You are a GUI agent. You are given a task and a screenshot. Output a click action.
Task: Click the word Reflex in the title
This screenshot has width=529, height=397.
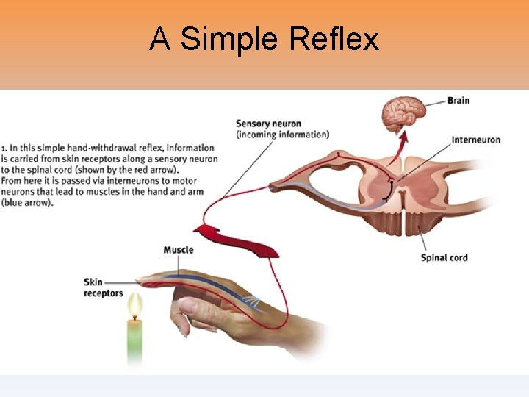[x=334, y=39]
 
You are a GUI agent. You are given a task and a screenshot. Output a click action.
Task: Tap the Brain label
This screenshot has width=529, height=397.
[x=458, y=100]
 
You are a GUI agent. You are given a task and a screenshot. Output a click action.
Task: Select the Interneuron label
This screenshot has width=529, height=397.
[x=475, y=140]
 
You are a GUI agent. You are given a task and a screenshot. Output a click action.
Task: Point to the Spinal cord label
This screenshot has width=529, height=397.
[x=444, y=257]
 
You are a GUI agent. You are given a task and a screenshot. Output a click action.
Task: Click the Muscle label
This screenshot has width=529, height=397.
[x=179, y=250]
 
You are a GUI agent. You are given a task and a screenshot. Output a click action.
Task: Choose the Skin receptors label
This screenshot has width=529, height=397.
[x=104, y=287]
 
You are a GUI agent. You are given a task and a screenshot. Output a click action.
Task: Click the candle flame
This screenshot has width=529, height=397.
[x=134, y=305]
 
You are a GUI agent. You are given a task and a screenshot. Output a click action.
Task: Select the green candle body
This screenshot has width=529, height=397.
[x=134, y=342]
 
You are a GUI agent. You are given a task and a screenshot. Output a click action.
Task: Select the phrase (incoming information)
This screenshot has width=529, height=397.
[x=282, y=135]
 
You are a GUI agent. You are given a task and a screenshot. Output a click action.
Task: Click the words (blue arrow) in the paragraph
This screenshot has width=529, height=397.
[x=27, y=203]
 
